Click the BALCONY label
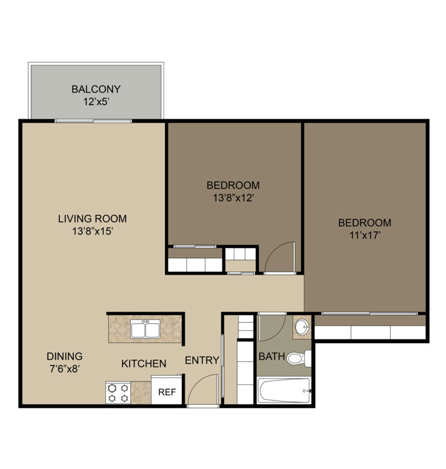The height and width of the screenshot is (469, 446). [96, 89]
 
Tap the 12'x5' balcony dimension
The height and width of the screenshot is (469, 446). [95, 102]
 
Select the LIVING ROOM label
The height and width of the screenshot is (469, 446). [92, 219]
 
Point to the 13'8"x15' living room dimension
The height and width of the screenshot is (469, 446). [92, 231]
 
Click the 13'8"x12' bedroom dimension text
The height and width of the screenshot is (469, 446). [233, 198]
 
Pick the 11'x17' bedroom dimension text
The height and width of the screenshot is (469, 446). [365, 236]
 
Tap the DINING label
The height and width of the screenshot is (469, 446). [65, 356]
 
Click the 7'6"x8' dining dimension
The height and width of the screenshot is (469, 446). [65, 369]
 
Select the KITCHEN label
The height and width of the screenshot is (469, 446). [143, 364]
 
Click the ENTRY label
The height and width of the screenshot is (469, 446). [202, 360]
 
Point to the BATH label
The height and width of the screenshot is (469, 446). [271, 356]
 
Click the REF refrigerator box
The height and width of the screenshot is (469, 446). [166, 390]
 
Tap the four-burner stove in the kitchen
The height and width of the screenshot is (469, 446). [118, 393]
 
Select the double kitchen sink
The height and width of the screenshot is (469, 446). [146, 329]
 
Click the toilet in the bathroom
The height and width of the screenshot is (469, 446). [299, 359]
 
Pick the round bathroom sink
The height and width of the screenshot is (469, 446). [303, 327]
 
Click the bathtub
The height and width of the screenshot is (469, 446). [284, 390]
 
